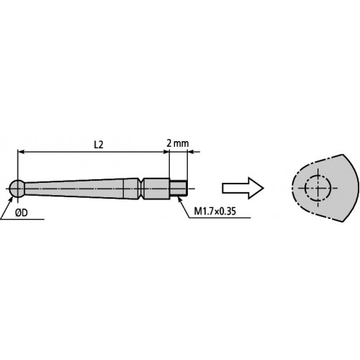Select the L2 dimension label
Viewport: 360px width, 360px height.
coord(99,144)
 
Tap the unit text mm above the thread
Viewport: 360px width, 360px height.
coord(181,144)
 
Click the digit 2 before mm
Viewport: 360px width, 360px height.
coord(168,144)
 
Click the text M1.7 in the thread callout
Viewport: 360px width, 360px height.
coord(206,212)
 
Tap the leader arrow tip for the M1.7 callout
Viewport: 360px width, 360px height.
coord(184,195)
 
